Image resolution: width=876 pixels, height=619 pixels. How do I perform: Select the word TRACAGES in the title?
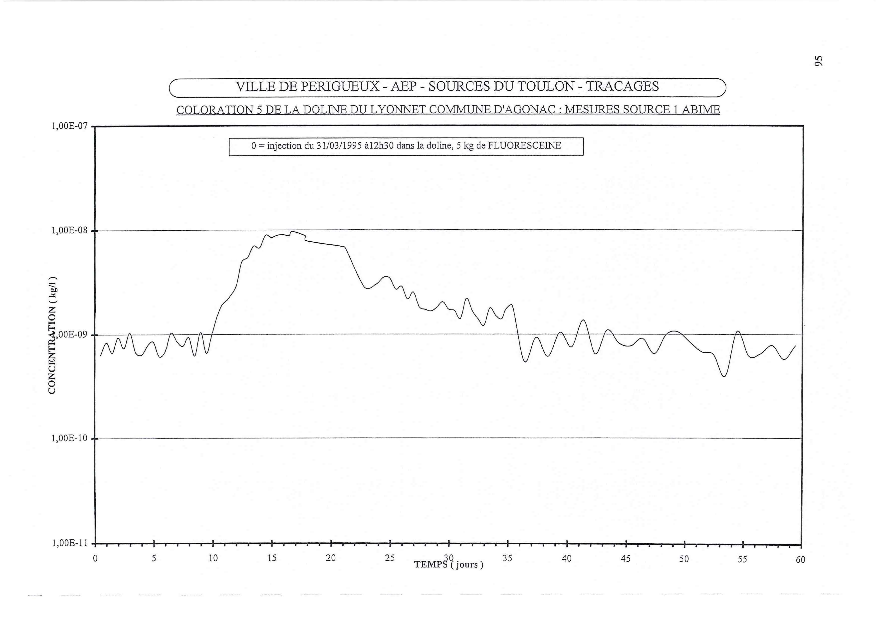[622, 87]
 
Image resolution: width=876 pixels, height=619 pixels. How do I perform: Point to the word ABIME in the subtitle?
[701, 110]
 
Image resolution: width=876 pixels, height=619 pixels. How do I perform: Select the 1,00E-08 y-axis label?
[69, 230]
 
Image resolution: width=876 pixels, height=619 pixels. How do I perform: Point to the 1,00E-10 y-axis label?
[69, 438]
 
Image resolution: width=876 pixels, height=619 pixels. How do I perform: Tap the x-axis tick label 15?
[272, 558]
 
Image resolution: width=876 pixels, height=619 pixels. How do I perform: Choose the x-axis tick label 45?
[626, 559]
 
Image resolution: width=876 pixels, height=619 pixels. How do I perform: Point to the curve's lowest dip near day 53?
[724, 376]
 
